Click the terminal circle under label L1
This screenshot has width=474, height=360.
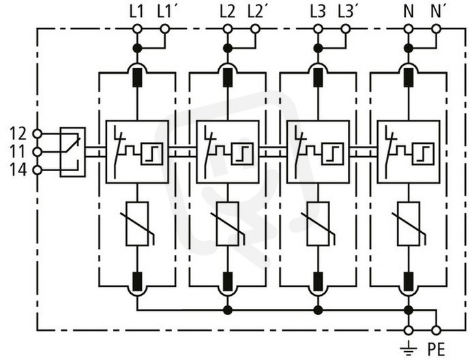137,29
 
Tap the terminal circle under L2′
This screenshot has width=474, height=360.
256,29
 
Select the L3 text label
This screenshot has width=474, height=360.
319,12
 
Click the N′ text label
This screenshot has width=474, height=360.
436,12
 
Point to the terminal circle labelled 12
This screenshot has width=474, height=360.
38,134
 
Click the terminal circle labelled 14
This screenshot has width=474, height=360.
38,170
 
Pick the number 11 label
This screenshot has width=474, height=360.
18,152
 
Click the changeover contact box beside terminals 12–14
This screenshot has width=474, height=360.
72,152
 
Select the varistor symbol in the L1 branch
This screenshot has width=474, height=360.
137,224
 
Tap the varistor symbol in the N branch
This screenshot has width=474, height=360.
409,224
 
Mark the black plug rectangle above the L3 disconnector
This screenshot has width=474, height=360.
318,78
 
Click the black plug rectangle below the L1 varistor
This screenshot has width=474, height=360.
137,282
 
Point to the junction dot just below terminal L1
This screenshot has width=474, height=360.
137,48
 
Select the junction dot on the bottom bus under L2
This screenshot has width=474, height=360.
228,310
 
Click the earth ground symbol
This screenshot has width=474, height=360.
409,348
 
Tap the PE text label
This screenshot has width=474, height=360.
436,350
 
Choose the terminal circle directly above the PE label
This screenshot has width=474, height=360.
436,331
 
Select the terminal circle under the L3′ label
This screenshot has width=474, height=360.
345,29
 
